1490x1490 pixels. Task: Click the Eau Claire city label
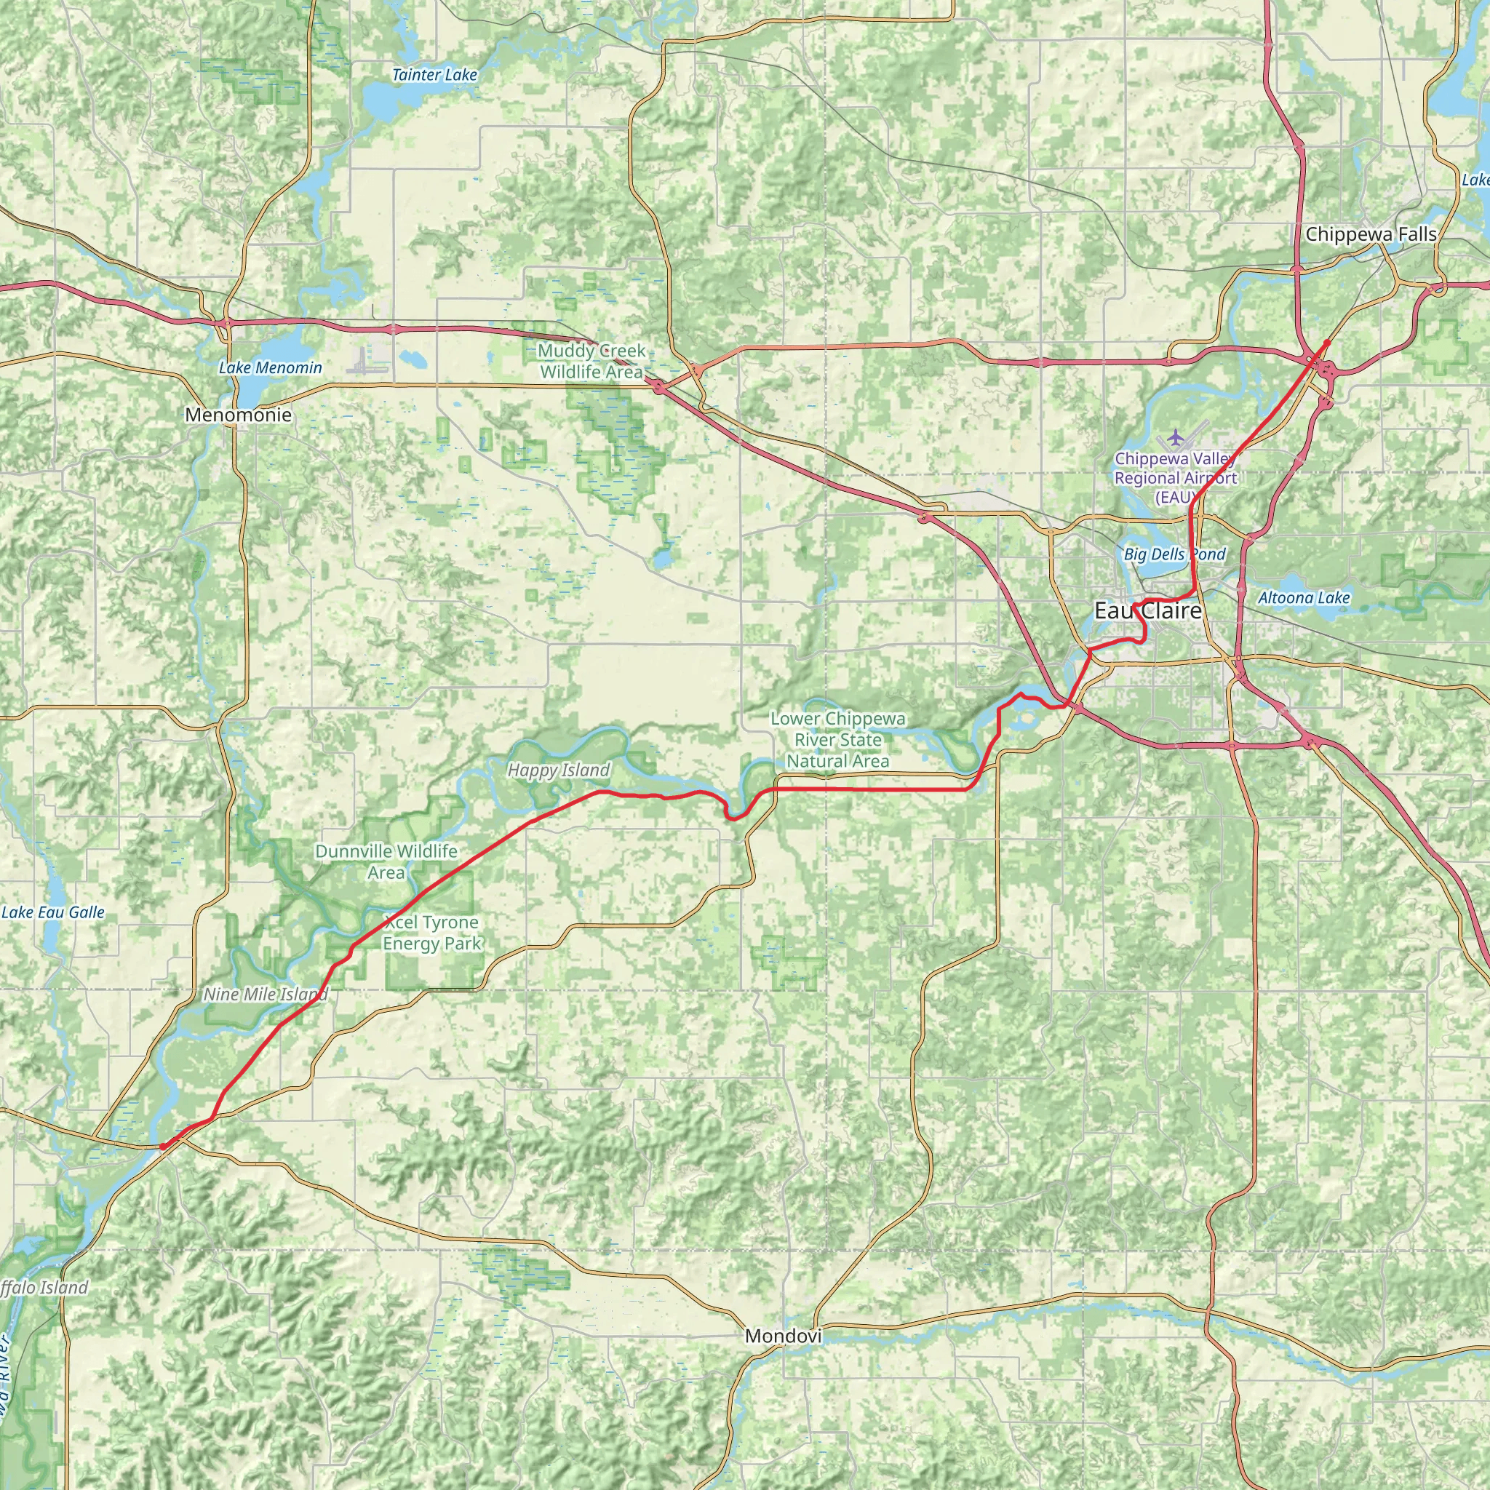click(x=1147, y=611)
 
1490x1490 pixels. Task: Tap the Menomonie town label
click(x=239, y=415)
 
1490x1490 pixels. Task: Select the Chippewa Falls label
click(x=1371, y=234)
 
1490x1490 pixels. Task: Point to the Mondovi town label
click(x=783, y=1336)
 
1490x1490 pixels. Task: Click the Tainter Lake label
click(x=434, y=75)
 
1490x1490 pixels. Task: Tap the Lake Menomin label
click(x=270, y=368)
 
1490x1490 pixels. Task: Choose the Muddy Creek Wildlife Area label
click(x=591, y=361)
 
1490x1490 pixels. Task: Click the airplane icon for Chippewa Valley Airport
click(x=1174, y=437)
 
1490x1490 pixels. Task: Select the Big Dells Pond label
click(x=1174, y=554)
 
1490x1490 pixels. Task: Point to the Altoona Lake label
click(x=1303, y=598)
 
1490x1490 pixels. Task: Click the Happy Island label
click(x=558, y=770)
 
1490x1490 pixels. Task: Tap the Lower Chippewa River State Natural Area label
click(x=837, y=740)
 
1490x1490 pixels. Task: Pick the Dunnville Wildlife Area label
click(x=386, y=861)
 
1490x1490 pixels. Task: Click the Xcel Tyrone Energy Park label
click(x=431, y=933)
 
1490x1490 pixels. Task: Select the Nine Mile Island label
click(x=266, y=994)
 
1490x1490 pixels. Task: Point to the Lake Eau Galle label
click(x=52, y=912)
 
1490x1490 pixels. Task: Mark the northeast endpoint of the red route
click(x=1326, y=342)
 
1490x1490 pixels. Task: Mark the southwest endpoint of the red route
click(x=164, y=1146)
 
